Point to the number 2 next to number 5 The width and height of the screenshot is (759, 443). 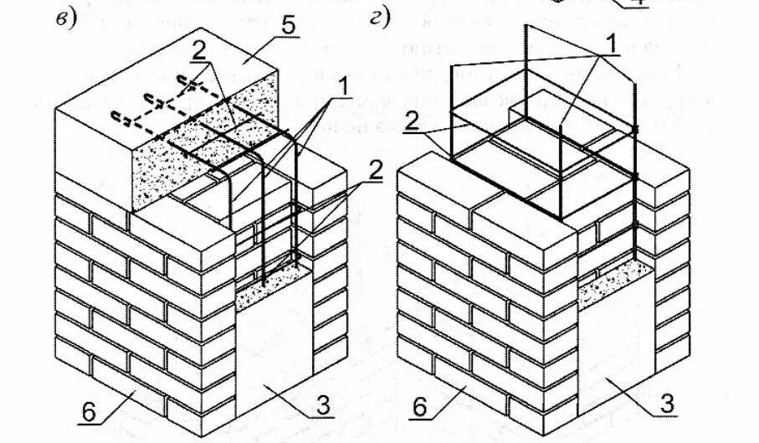coord(198,51)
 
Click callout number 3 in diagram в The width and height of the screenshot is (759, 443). coord(323,407)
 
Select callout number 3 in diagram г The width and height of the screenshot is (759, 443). coord(667,404)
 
